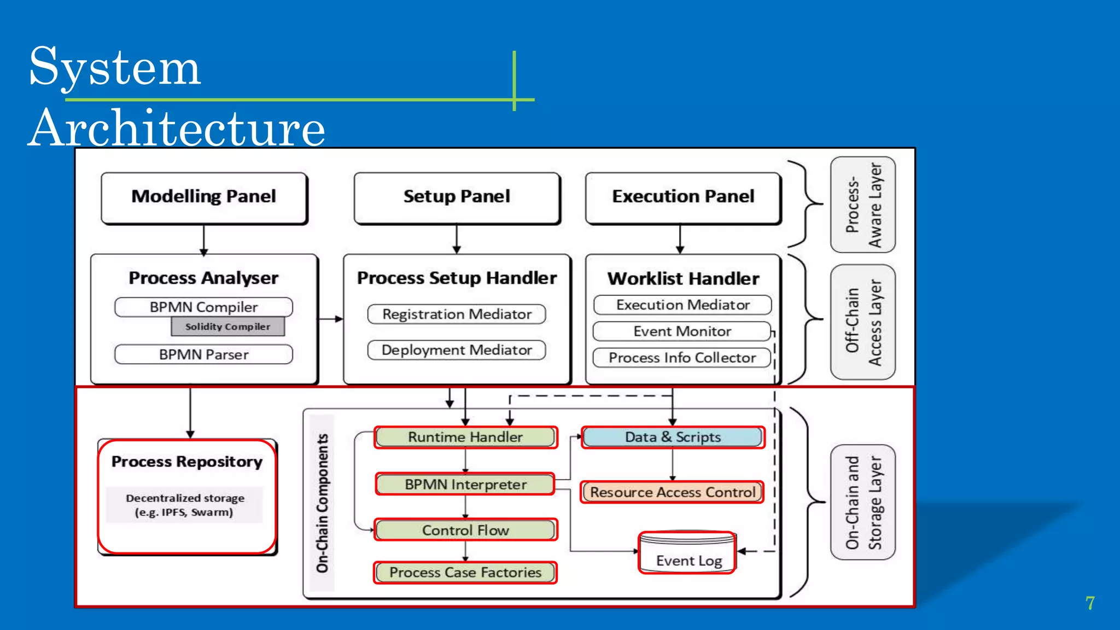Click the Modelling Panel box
pyautogui.click(x=204, y=197)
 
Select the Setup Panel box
pyautogui.click(x=457, y=197)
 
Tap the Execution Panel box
pyautogui.click(x=682, y=197)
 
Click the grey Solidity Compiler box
pyautogui.click(x=227, y=326)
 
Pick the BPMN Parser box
pyautogui.click(x=203, y=354)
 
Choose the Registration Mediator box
pyautogui.click(x=457, y=314)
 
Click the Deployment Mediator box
pyautogui.click(x=457, y=350)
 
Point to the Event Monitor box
pyautogui.click(x=682, y=331)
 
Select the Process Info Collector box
pyautogui.click(x=682, y=358)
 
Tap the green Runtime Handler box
pyautogui.click(x=465, y=437)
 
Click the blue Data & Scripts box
pyautogui.click(x=672, y=437)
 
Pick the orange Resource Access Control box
pyautogui.click(x=672, y=492)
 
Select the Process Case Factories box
pyautogui.click(x=465, y=573)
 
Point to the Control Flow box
pyautogui.click(x=465, y=530)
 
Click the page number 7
pyautogui.click(x=1090, y=603)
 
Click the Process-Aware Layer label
pyautogui.click(x=863, y=205)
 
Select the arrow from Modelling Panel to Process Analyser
pyautogui.click(x=204, y=240)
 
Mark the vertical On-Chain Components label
pyautogui.click(x=322, y=503)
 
